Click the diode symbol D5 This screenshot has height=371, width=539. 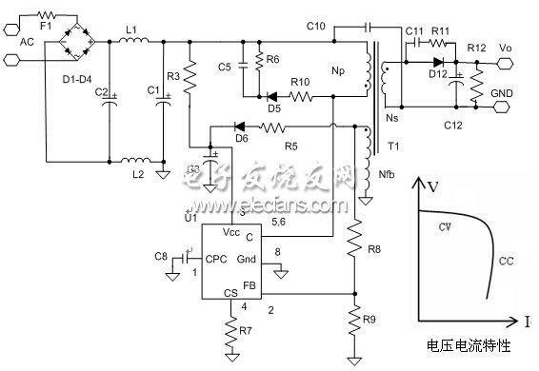click(x=272, y=96)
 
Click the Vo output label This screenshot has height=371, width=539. click(x=505, y=46)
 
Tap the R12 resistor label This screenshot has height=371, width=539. click(x=475, y=48)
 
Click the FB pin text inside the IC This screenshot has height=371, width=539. click(x=250, y=284)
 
